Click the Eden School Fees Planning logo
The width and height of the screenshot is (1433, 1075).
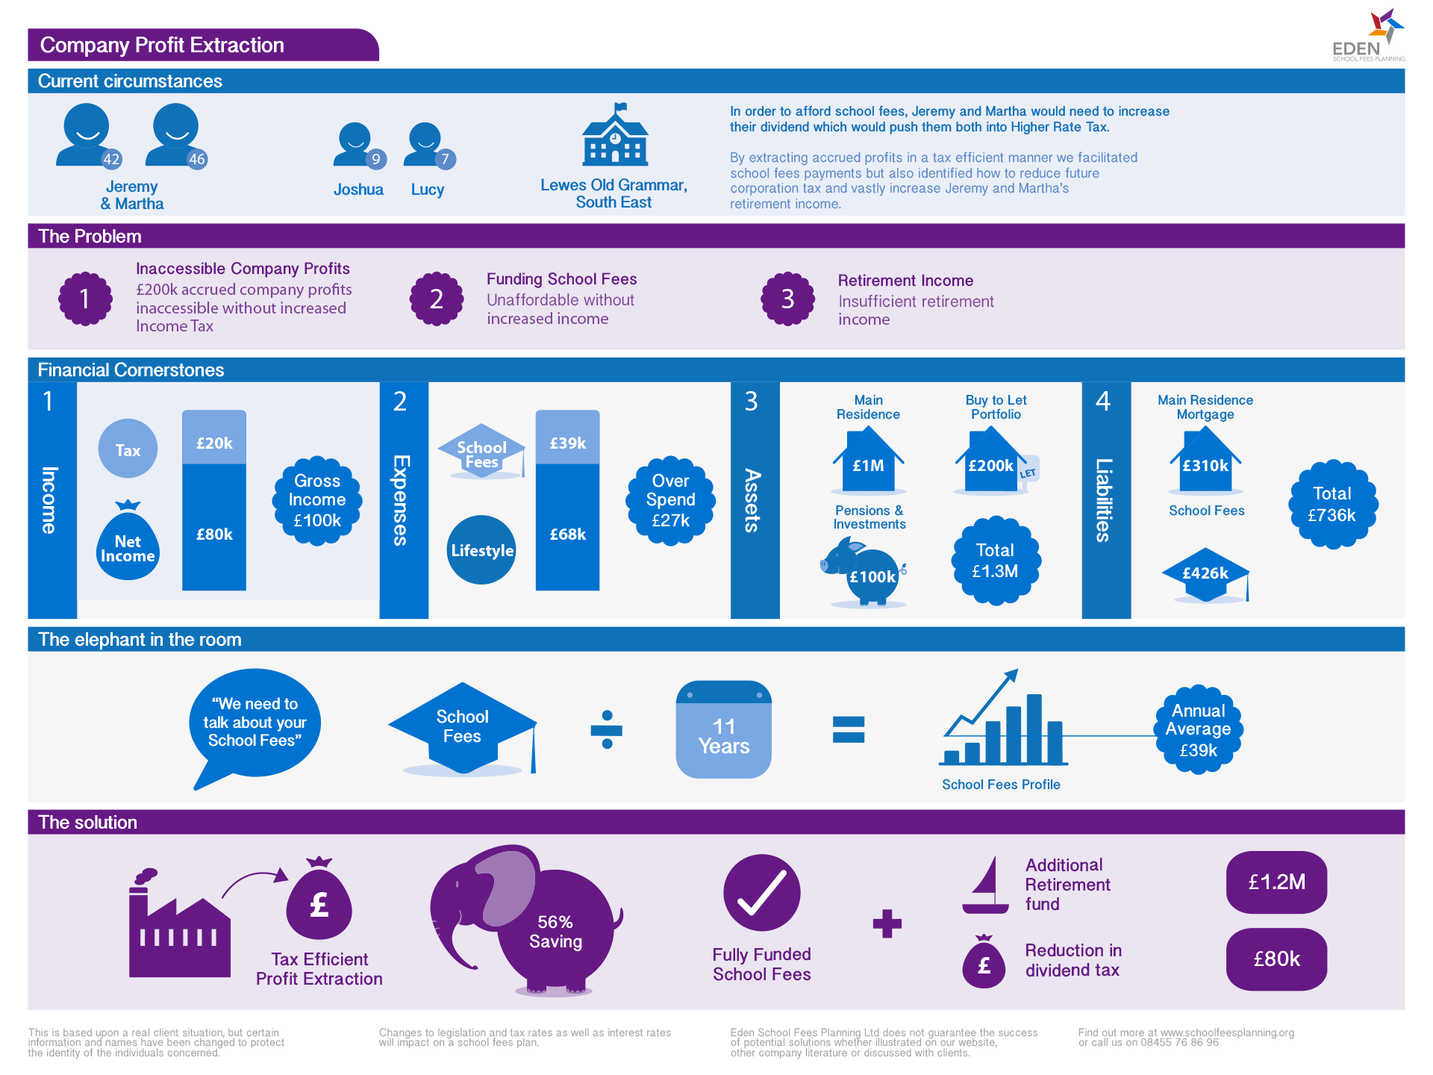[x=1370, y=36]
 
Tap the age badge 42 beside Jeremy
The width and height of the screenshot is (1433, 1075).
[x=111, y=159]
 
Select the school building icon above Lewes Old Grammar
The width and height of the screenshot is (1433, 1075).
[x=615, y=135]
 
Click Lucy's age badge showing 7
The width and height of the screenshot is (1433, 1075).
[x=445, y=159]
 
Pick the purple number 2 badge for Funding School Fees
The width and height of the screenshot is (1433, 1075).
[x=437, y=299]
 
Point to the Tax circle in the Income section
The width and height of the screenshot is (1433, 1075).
[x=128, y=449]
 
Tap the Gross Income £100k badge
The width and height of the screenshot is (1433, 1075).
[x=317, y=500]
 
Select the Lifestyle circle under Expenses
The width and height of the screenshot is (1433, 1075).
[x=481, y=550]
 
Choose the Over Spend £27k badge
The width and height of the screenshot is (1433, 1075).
[x=670, y=500]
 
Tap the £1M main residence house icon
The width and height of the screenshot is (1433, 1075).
[x=868, y=461]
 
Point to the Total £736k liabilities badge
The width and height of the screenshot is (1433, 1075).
[x=1332, y=505]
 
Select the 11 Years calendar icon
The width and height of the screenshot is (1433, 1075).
[x=723, y=729]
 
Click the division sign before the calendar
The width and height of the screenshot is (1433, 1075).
[x=607, y=729]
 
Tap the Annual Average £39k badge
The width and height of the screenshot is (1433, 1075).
[x=1198, y=729]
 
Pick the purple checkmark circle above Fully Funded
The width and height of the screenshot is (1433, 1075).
[x=761, y=893]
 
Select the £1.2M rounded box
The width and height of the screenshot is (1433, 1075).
[x=1276, y=882]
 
